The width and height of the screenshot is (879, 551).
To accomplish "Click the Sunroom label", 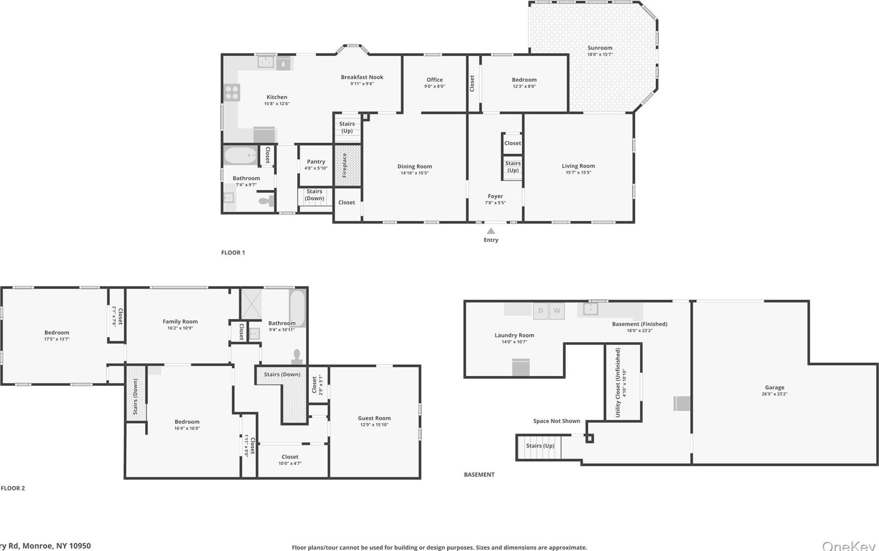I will coord(599,48).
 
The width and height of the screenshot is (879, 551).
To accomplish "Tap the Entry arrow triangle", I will coord(491,231).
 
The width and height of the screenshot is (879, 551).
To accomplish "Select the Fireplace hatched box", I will coord(347,166).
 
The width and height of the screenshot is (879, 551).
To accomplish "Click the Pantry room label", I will coord(316,162).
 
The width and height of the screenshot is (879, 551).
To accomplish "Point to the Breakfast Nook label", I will coord(362,77).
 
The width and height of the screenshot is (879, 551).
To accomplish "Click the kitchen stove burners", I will coord(232,93).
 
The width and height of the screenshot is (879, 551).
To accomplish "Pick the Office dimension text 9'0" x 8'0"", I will coord(434,86).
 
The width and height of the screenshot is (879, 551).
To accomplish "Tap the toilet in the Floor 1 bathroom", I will coord(266,201).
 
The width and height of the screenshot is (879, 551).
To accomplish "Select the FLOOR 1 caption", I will coord(233,252).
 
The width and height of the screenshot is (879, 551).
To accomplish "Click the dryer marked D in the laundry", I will coord(540,311).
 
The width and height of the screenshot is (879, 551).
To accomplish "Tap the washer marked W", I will coord(557,311).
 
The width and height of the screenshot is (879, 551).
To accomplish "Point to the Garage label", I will coord(774,387).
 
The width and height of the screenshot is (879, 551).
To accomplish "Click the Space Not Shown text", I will coord(557,421).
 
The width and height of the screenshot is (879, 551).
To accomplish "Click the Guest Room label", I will coord(374,418).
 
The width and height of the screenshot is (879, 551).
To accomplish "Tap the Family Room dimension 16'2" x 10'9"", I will coord(180,328).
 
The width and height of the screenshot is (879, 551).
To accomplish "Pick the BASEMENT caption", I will coord(479,475).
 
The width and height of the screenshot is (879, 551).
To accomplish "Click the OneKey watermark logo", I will coord(849,546).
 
